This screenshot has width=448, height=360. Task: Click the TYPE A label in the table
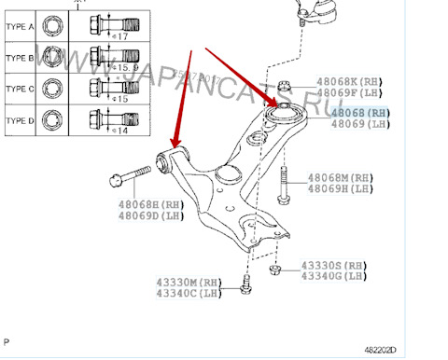(x=20, y=27)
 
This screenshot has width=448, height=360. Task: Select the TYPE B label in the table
(x=20, y=58)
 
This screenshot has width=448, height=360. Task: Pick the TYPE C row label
(x=20, y=89)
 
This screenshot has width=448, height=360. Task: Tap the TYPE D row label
(x=20, y=120)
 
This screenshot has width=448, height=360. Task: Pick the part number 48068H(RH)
(x=151, y=204)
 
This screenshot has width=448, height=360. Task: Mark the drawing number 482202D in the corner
(x=420, y=351)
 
